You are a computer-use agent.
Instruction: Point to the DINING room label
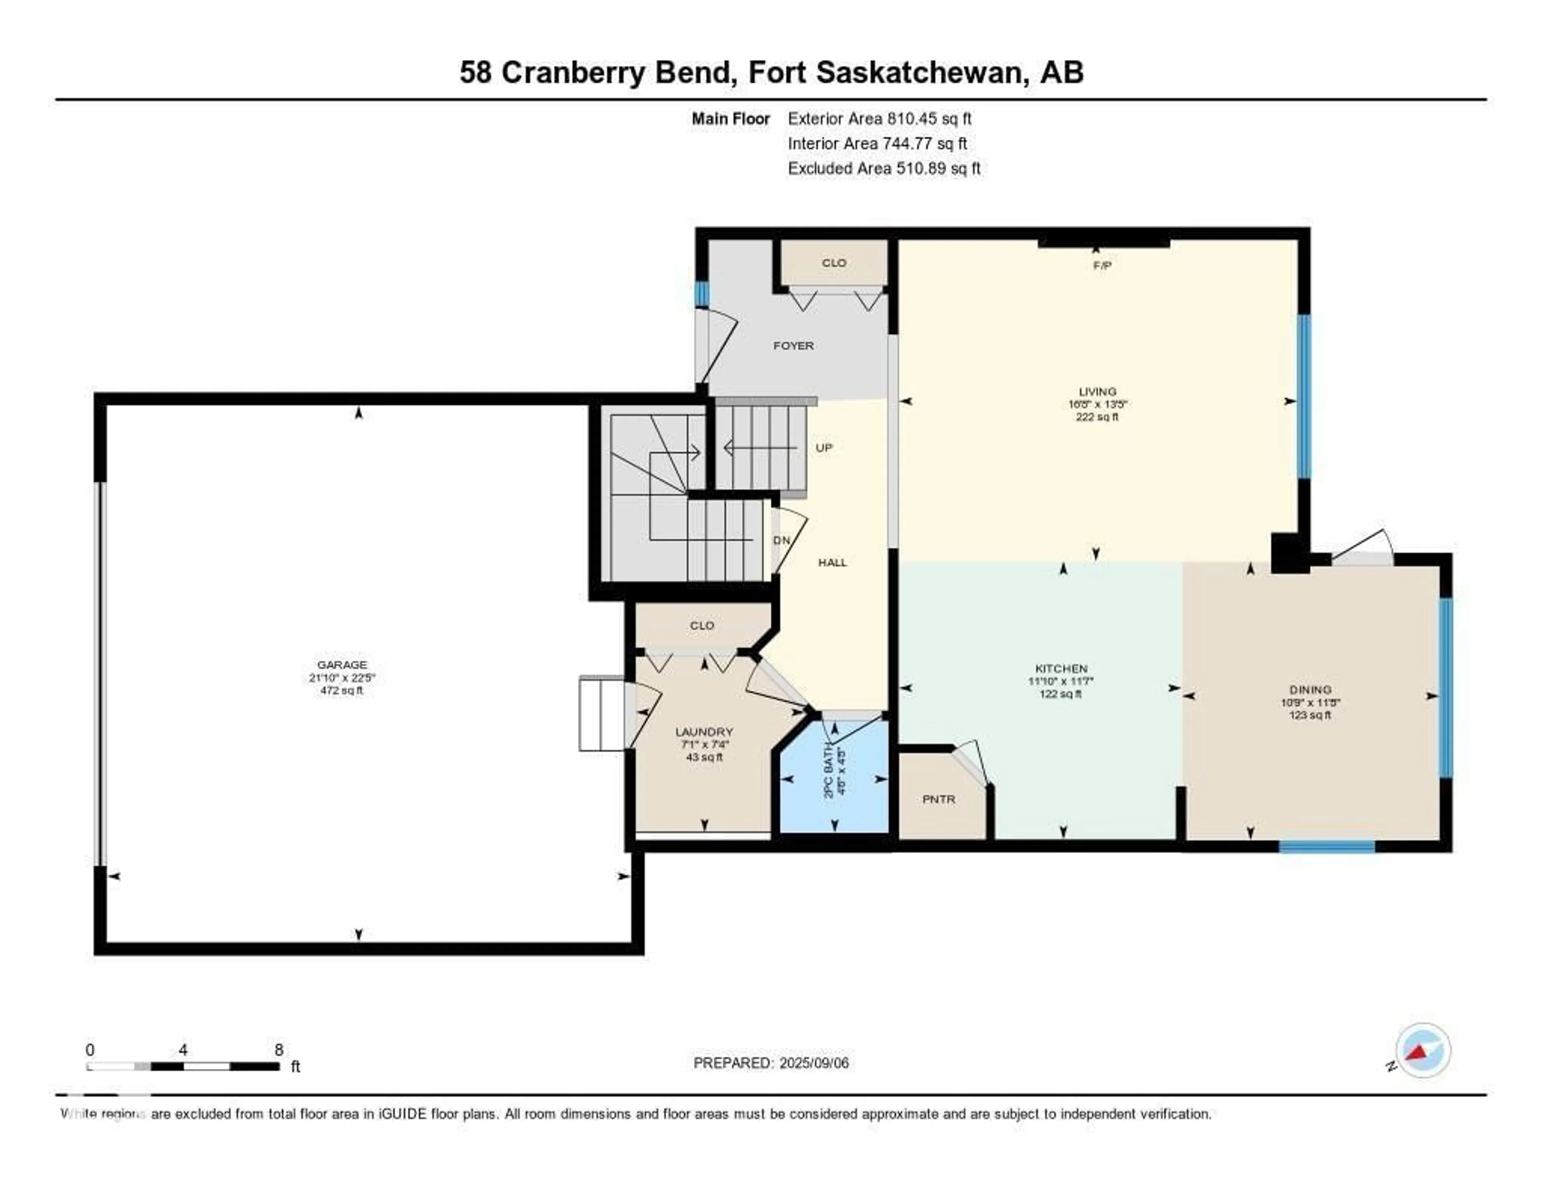[1310, 690]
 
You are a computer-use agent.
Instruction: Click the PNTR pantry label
[938, 799]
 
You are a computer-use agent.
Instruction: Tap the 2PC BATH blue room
[834, 777]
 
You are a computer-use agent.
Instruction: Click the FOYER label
[793, 346]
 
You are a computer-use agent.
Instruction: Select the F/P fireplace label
[1102, 265]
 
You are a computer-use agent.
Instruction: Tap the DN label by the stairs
[781, 540]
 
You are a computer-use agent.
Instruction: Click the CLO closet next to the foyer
[834, 263]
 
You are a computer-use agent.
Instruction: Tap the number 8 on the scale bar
[279, 1050]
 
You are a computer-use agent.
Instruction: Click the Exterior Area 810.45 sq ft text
[880, 118]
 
